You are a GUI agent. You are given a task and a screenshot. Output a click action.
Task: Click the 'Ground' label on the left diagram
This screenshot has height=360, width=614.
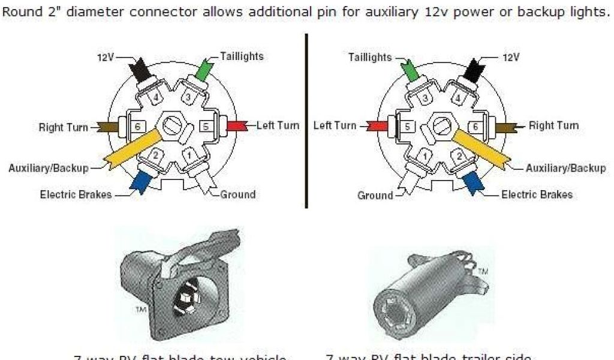(x=237, y=194)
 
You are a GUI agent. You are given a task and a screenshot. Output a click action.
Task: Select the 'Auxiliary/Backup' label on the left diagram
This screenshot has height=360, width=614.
(x=48, y=168)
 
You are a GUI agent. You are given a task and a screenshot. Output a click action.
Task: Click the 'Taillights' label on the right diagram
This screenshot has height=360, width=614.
(x=369, y=58)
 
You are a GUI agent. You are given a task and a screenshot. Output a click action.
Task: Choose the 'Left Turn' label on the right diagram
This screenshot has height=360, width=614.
(x=335, y=126)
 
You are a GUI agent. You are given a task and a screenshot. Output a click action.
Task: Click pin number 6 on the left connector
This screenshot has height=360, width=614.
(x=137, y=127)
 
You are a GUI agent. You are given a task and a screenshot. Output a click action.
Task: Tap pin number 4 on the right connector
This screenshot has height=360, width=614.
(x=459, y=98)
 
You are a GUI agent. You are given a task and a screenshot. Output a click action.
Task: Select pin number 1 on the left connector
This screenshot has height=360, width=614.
(x=189, y=156)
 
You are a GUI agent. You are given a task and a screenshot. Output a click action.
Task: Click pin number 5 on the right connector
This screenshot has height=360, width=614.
(x=407, y=127)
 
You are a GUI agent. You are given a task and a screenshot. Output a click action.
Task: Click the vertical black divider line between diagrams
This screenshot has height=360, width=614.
(x=306, y=120)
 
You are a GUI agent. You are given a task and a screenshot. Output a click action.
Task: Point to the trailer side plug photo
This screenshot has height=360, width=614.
(x=429, y=288)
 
